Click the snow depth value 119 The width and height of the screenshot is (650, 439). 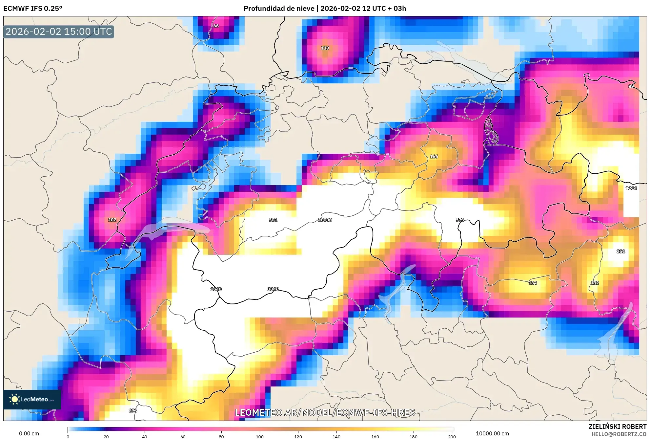click(325, 48)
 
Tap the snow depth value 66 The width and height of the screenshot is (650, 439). click(216, 26)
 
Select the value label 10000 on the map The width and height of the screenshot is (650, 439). click(325, 220)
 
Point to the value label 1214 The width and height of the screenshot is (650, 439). click(631, 188)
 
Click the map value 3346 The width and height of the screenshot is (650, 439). click(273, 289)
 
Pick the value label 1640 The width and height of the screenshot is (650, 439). click(216, 289)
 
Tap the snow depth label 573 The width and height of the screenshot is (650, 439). click(460, 220)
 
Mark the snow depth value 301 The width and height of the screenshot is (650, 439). click(273, 220)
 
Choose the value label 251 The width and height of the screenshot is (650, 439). click(620, 251)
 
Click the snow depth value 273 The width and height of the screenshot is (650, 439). click(133, 410)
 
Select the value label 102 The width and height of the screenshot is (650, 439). click(112, 220)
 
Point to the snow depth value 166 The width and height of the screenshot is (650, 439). click(434, 156)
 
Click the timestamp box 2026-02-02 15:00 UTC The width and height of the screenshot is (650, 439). click(59, 32)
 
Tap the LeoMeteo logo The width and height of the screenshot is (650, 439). click(32, 399)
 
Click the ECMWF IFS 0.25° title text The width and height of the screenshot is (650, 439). click(33, 8)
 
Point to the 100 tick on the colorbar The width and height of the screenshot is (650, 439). click(259, 437)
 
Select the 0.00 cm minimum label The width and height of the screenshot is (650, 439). click(29, 433)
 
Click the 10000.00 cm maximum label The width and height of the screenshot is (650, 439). click(492, 433)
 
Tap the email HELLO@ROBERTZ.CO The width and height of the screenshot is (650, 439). click(619, 434)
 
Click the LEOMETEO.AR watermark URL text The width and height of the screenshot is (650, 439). click(325, 412)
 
